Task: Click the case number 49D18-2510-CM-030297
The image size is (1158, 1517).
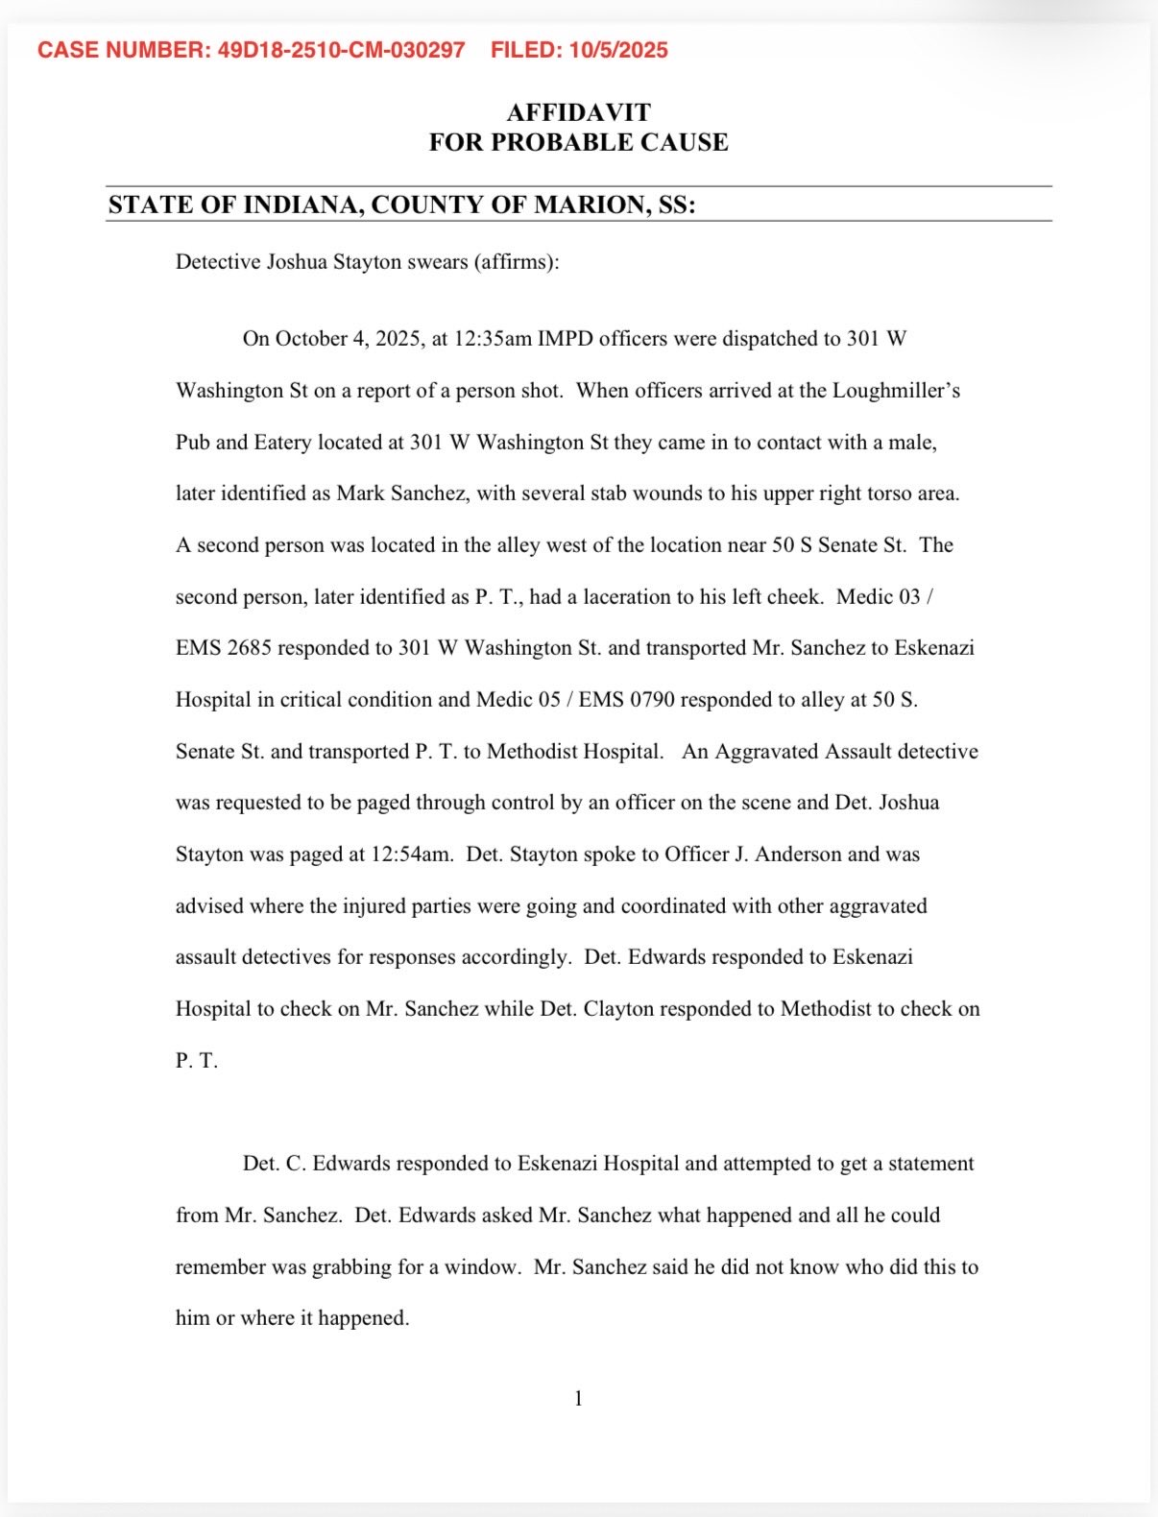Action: click(341, 50)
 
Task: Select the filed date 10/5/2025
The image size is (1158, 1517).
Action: click(618, 50)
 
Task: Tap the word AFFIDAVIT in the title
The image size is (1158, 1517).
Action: click(578, 112)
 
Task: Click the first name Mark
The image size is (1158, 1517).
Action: click(358, 494)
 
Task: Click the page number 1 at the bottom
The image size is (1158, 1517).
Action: click(579, 1399)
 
